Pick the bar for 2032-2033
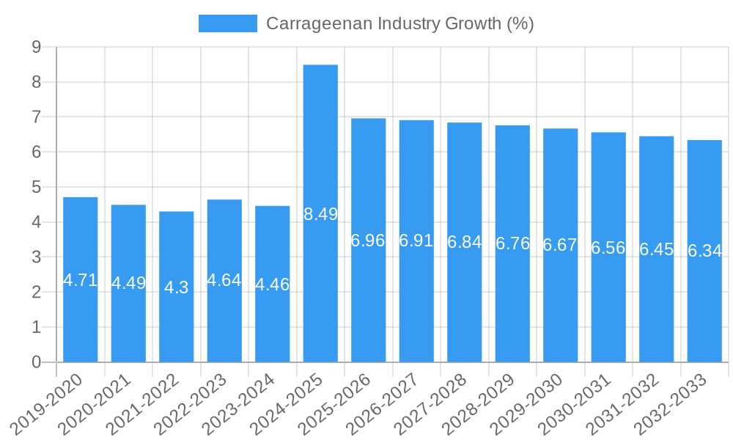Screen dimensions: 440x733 pyautogui.click(x=704, y=308)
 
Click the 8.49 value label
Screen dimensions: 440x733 pyautogui.click(x=320, y=214)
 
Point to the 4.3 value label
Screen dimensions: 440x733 pyautogui.click(x=177, y=287)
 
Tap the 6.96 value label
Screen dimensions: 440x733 pyautogui.click(x=368, y=241)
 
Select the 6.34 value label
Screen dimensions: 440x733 pyautogui.click(x=704, y=251)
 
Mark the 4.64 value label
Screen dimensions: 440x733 pyautogui.click(x=224, y=280)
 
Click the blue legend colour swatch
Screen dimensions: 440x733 pyautogui.click(x=227, y=23)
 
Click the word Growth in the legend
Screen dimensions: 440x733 pyautogui.click(x=474, y=23)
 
